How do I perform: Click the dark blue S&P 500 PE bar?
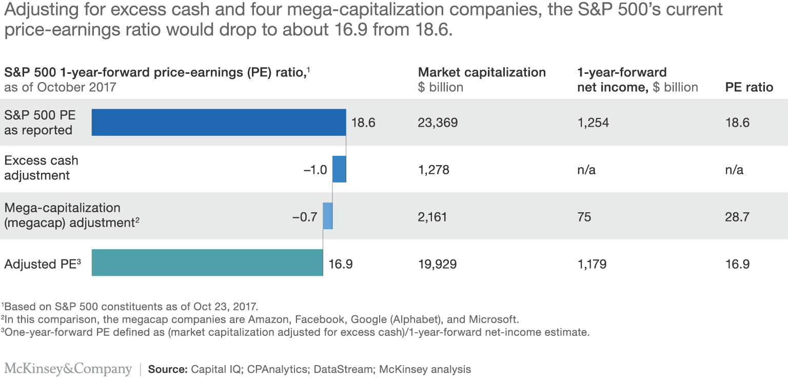click(219, 123)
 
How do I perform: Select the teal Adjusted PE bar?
click(207, 263)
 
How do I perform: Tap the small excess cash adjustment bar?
click(339, 169)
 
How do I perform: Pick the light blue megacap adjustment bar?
click(327, 216)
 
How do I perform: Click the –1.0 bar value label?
click(315, 170)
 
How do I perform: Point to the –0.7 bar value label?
click(305, 217)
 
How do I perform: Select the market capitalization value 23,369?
click(438, 123)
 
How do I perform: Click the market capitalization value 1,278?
click(434, 170)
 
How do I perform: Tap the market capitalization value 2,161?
click(432, 217)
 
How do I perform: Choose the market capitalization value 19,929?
click(438, 264)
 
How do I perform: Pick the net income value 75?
click(584, 217)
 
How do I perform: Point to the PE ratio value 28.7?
click(737, 217)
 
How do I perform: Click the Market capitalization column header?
click(482, 72)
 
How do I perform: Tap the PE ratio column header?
click(748, 87)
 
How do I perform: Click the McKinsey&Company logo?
click(68, 369)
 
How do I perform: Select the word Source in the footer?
click(167, 369)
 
